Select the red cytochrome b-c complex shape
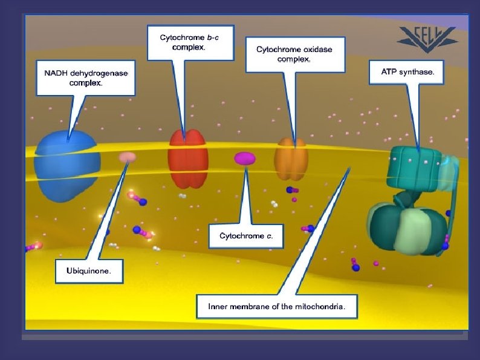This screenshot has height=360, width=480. [188, 159]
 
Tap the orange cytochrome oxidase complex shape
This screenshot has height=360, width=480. [291, 159]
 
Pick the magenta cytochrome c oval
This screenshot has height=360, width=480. [245, 159]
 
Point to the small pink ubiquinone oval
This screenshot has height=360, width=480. [127, 157]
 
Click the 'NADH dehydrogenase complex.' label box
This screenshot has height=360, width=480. [85, 78]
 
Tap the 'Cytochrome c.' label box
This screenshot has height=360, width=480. [245, 235]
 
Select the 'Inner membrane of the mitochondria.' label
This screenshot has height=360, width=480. [276, 307]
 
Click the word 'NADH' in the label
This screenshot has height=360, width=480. [57, 73]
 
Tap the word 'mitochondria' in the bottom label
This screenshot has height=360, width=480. [322, 307]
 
